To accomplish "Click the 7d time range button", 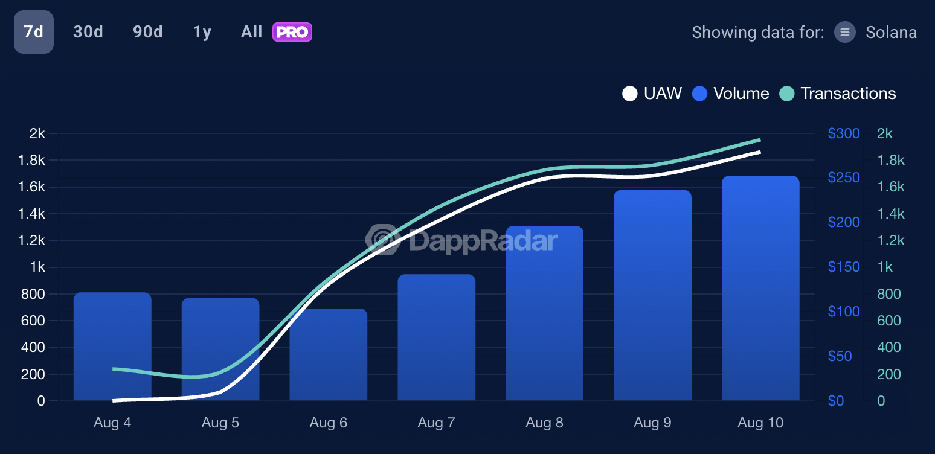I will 34,32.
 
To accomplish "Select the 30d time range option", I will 88,32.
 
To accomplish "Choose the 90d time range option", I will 148,32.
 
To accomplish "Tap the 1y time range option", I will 202,32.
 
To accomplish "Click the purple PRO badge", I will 292,32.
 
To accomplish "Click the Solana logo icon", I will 845,32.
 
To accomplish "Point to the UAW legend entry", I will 652,94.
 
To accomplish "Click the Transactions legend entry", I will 838,94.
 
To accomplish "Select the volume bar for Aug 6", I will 329,356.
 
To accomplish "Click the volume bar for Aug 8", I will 544,314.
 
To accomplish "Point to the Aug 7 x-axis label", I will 436,423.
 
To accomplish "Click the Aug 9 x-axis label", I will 652,423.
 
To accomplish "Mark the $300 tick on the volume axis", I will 844,133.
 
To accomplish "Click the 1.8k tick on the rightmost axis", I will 891,160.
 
